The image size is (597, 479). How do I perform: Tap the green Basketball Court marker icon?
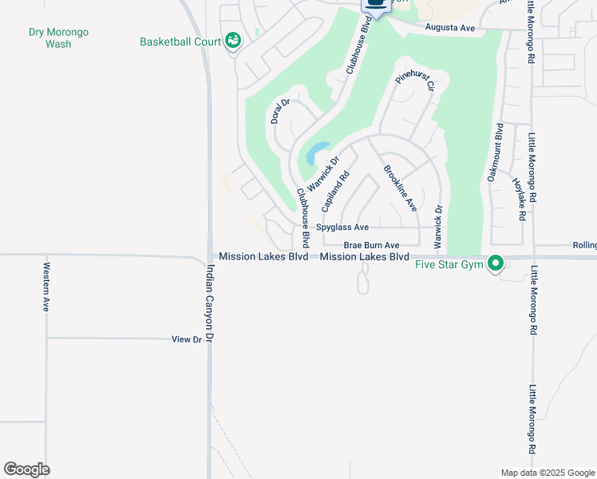[x=233, y=40]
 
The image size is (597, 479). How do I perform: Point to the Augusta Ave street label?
[x=450, y=28]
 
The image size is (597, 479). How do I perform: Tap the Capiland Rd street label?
[x=335, y=192]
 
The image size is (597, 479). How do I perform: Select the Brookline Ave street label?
[x=400, y=188]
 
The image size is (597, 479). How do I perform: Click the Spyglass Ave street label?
[x=342, y=228]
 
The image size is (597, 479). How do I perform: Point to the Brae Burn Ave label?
[x=371, y=246]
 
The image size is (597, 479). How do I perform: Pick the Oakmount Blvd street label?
[x=496, y=152]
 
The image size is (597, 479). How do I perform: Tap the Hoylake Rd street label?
[x=520, y=194]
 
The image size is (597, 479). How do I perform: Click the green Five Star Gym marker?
[x=496, y=263]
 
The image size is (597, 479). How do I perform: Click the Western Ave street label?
[x=46, y=287]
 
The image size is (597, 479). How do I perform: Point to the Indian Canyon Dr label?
[x=211, y=304]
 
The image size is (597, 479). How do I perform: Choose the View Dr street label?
[x=187, y=339]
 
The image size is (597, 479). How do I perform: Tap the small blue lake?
[x=318, y=151]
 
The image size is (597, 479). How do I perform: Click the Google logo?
[x=26, y=469]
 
